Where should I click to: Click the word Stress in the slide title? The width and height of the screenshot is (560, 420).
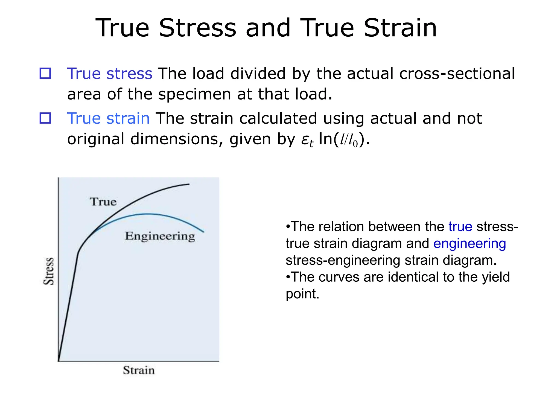(x=197, y=28)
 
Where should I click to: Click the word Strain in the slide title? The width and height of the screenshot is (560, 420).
(x=400, y=28)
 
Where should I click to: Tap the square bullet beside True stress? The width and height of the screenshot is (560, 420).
(x=45, y=74)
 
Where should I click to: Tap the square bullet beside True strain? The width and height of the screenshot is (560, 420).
(x=45, y=118)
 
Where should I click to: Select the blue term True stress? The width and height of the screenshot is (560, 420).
(x=109, y=74)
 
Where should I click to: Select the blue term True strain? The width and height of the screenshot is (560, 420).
(x=108, y=118)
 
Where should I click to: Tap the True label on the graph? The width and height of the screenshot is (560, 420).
(x=103, y=202)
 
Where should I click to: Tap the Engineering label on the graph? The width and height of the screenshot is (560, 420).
(x=160, y=236)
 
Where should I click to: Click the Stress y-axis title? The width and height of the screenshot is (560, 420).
(x=49, y=271)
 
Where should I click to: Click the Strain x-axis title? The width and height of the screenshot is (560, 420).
(x=139, y=370)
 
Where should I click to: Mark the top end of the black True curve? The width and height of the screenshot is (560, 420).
(x=189, y=184)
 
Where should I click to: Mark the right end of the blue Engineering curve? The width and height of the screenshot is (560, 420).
(x=204, y=232)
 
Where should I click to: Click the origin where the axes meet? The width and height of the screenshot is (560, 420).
(x=59, y=361)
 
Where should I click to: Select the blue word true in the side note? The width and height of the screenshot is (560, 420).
(x=460, y=227)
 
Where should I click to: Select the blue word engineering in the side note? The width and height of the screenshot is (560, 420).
(x=469, y=244)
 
